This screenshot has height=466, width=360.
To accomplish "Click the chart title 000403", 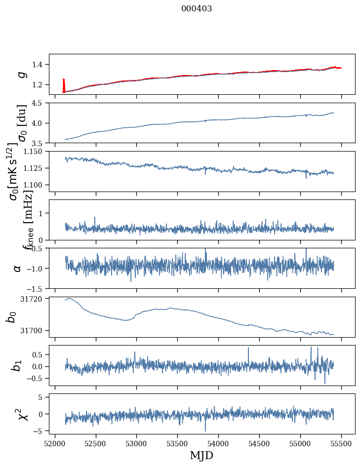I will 197,9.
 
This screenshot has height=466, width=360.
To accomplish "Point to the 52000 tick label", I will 55,444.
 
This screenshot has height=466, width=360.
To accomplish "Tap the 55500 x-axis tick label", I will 341,444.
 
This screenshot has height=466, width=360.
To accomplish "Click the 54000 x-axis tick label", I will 218,444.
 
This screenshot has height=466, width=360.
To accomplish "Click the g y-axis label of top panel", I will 21,74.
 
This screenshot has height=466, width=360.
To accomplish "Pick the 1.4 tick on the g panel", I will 40,64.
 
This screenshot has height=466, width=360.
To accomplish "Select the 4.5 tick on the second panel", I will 40,103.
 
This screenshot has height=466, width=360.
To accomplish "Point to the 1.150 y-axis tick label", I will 36,152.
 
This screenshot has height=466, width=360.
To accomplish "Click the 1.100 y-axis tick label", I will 36,185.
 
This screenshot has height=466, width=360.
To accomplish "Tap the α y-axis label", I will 17,268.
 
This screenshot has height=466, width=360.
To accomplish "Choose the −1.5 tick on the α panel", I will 38,288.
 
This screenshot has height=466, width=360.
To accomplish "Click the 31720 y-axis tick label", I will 34,299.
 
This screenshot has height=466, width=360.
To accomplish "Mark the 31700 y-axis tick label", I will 34,330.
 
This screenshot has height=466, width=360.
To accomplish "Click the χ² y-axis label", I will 22,414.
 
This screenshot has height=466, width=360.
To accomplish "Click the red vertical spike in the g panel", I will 63,85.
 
